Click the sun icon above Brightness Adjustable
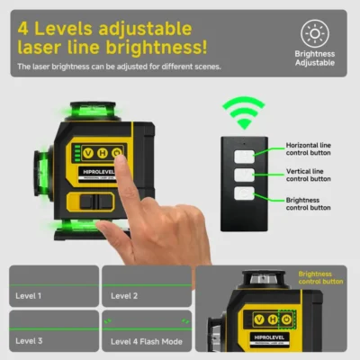(x=314, y=33)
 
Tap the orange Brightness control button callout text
(x=319, y=277)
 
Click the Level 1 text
(x=30, y=294)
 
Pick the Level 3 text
(x=30, y=340)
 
